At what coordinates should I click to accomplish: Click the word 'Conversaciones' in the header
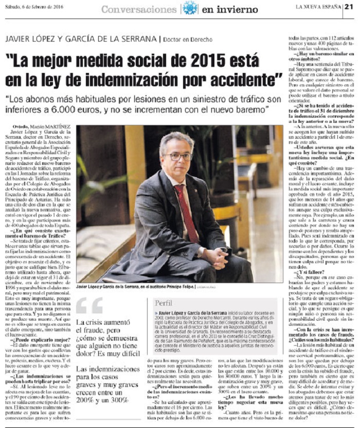point(138,9)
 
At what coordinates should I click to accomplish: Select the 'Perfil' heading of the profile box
point(164,303)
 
